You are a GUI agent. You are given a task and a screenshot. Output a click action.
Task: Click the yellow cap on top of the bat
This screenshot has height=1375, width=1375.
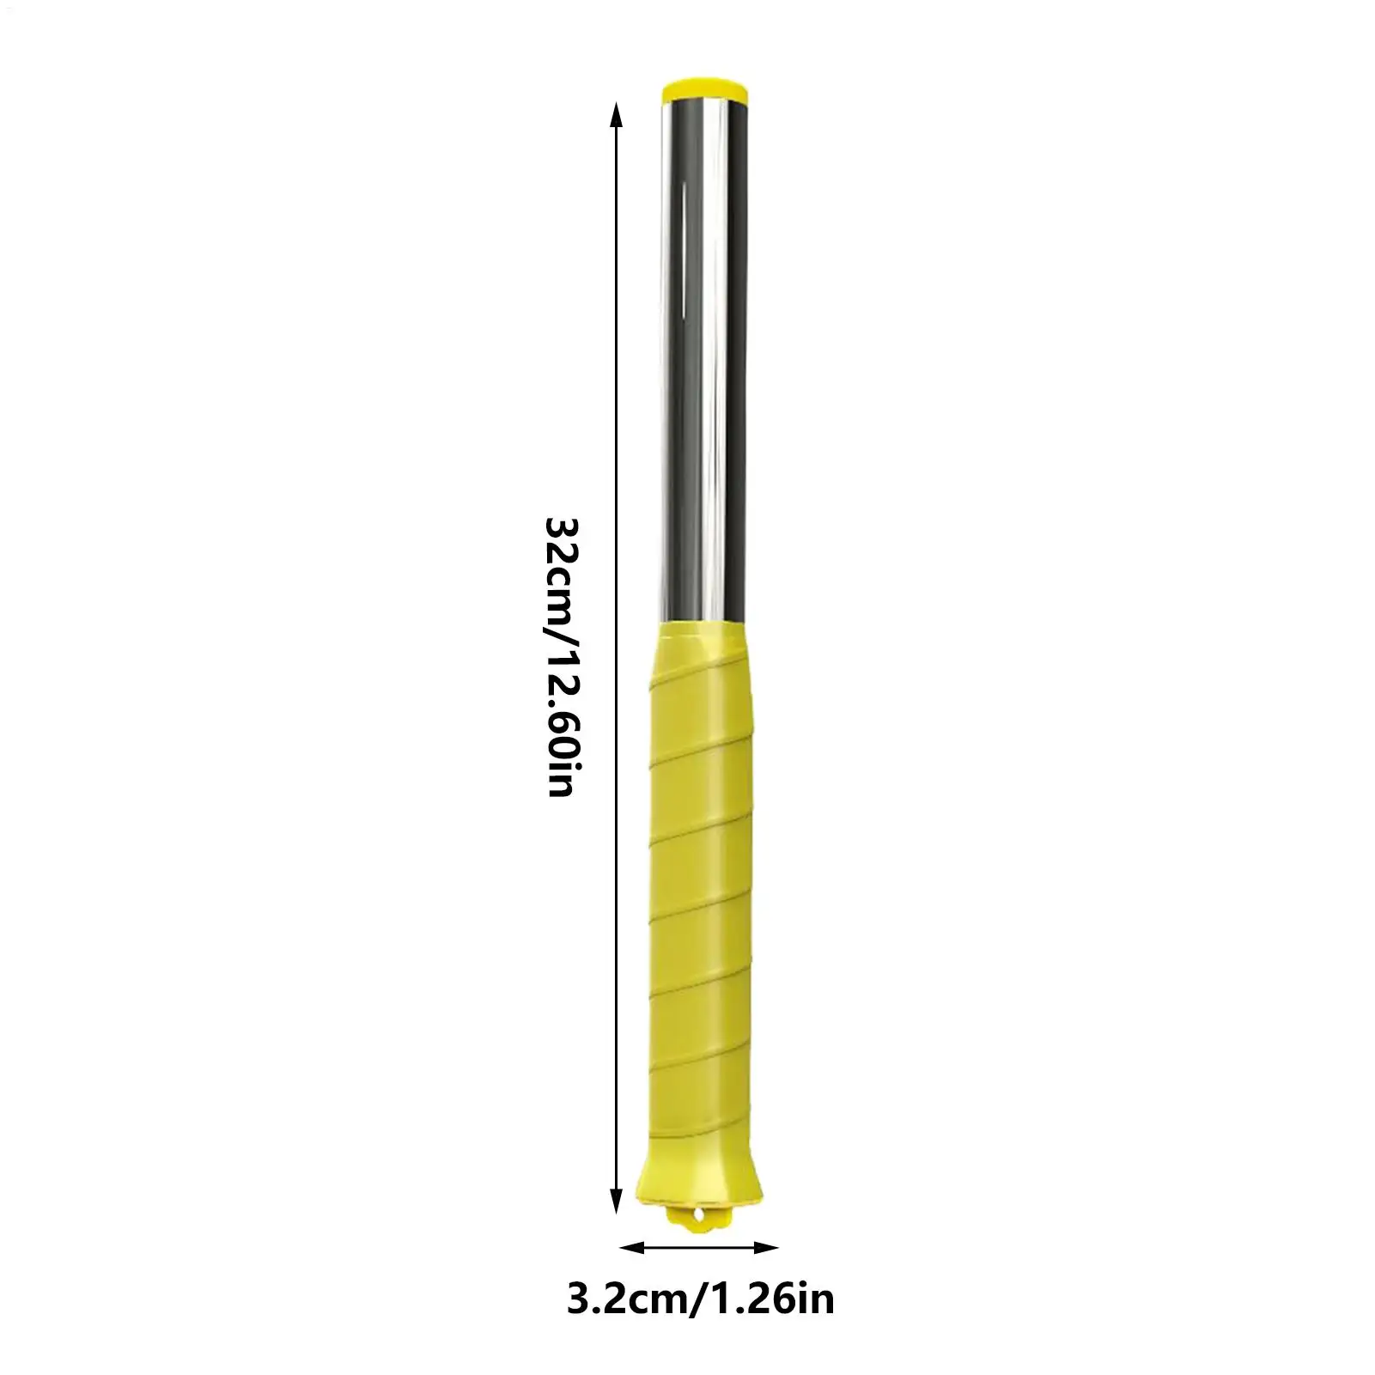point(703,89)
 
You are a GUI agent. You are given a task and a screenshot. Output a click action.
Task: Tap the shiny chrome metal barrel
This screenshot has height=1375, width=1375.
point(703,361)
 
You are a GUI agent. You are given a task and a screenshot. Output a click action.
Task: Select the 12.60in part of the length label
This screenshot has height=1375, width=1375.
point(563,721)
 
